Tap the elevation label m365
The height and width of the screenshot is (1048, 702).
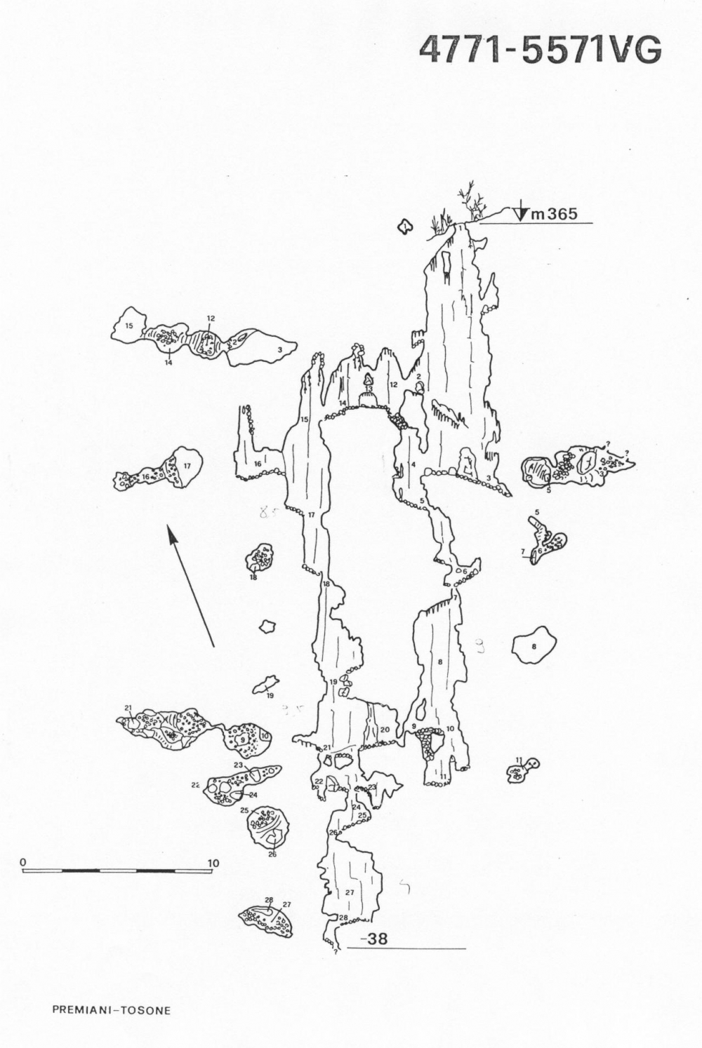554,214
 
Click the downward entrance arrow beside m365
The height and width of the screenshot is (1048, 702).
521,212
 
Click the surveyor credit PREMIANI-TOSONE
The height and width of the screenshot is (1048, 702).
111,1011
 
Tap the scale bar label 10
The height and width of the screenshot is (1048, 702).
213,863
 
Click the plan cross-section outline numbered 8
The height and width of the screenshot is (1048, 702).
534,646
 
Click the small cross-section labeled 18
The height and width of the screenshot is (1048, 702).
260,559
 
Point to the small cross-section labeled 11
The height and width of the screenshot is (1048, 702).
520,772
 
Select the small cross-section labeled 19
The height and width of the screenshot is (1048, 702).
265,683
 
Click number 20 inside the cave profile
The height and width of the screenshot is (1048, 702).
385,730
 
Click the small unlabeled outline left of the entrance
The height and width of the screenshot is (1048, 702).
404,227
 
